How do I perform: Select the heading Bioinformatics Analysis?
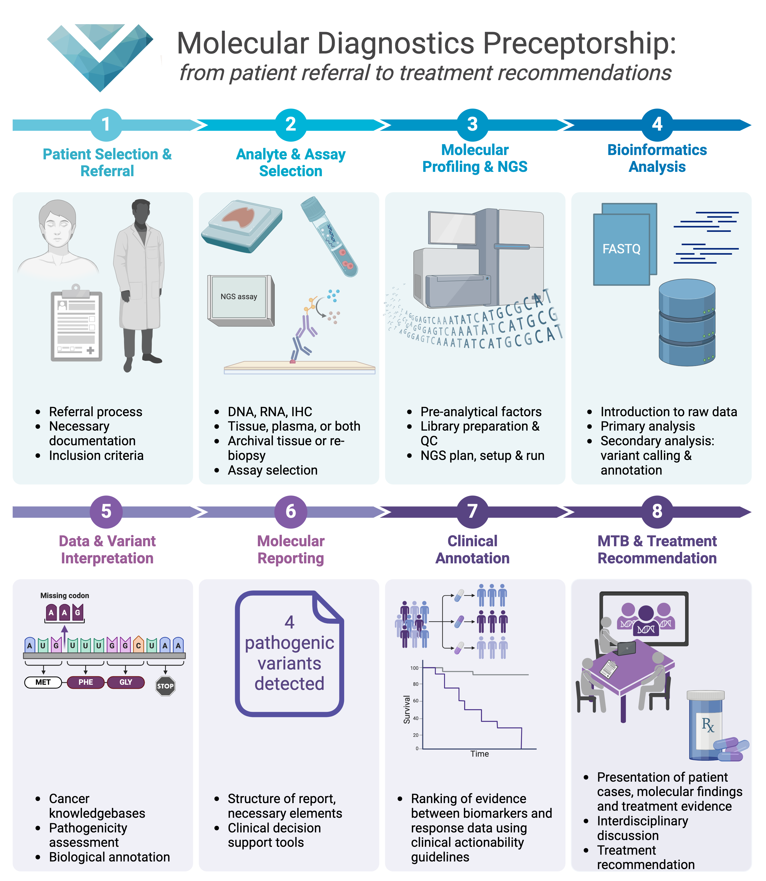click(x=657, y=158)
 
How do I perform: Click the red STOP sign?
click(x=165, y=686)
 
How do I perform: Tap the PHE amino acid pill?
click(x=86, y=682)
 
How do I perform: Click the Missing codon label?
click(x=65, y=595)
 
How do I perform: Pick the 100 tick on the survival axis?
click(x=414, y=668)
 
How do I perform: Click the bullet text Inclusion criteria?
click(x=96, y=456)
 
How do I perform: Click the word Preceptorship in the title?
click(x=579, y=44)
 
